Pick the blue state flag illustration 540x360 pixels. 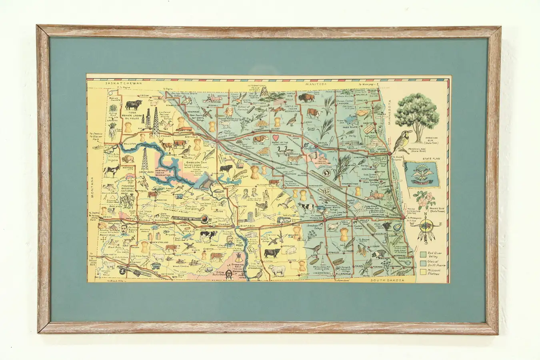click(x=422, y=175)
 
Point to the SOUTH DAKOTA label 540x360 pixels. click(x=387, y=280)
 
